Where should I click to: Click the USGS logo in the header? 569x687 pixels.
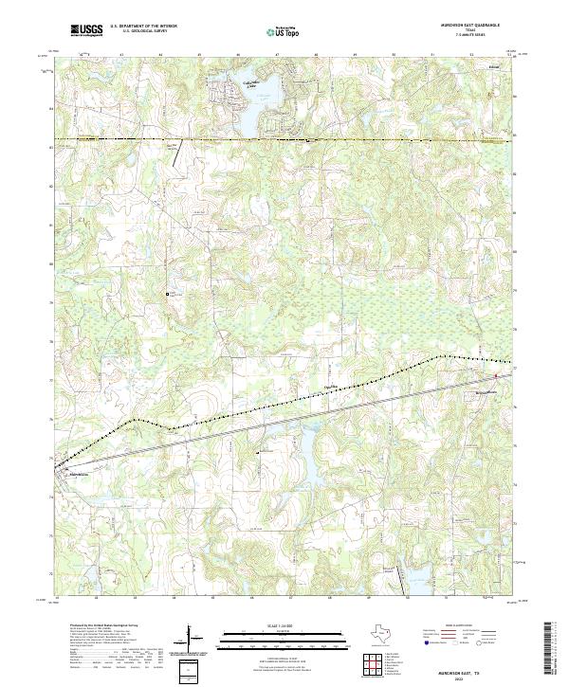[86, 30]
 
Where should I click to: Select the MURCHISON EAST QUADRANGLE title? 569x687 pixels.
[464, 26]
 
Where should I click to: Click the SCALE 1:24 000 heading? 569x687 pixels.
[284, 626]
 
